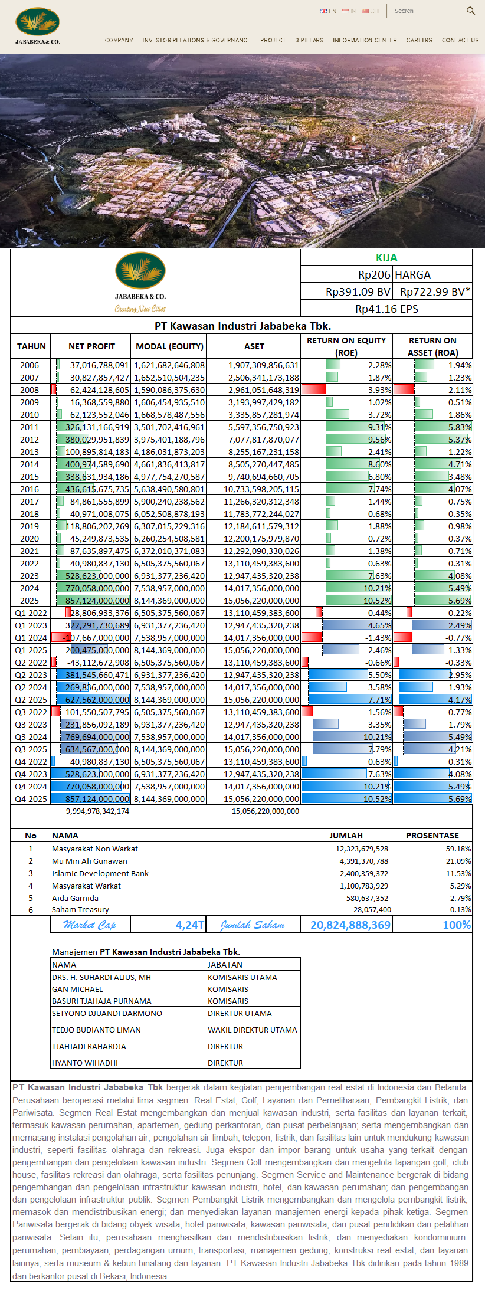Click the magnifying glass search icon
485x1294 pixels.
[x=471, y=11]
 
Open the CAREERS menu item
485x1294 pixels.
[x=419, y=40]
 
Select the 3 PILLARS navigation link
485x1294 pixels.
[x=309, y=40]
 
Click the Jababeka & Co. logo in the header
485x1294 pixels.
[x=38, y=25]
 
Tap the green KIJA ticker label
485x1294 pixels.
[x=386, y=258]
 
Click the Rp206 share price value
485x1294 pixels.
[x=374, y=275]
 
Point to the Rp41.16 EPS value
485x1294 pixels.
[x=386, y=309]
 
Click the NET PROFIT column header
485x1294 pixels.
[x=91, y=346]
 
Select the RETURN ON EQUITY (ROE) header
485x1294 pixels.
[x=346, y=346]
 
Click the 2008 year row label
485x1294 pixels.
[x=30, y=390]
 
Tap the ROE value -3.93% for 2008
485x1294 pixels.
[x=378, y=390]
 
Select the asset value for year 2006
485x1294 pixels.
[x=264, y=365]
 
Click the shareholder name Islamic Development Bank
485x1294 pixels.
[x=100, y=873]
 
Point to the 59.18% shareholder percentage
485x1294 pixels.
[x=458, y=849]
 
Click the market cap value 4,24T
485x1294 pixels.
[x=190, y=925]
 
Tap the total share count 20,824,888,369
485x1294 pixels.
[x=350, y=925]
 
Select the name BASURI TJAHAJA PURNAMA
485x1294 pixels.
[x=101, y=1001]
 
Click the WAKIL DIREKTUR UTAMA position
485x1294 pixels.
[x=252, y=1030]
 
